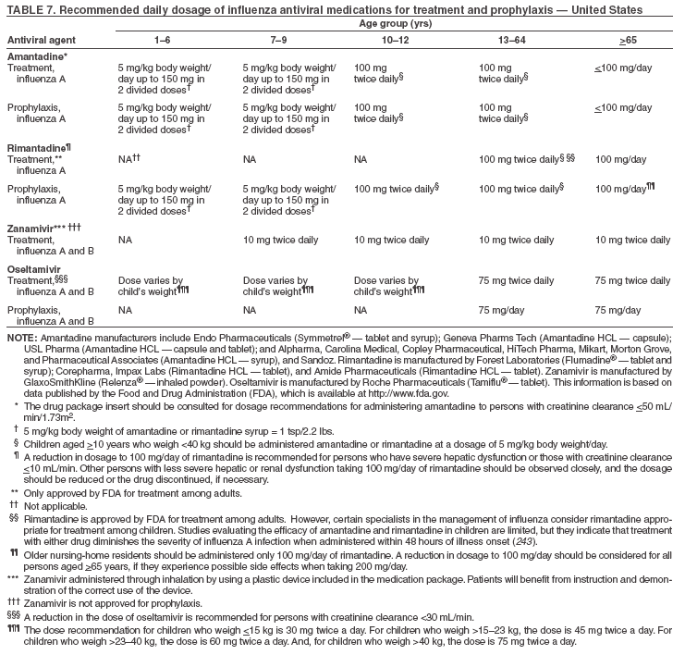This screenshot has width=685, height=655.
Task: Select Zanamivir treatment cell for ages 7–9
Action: [x=280, y=241]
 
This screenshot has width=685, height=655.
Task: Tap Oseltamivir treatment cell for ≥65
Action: [x=633, y=280]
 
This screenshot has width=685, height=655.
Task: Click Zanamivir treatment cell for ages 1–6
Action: [x=125, y=241]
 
